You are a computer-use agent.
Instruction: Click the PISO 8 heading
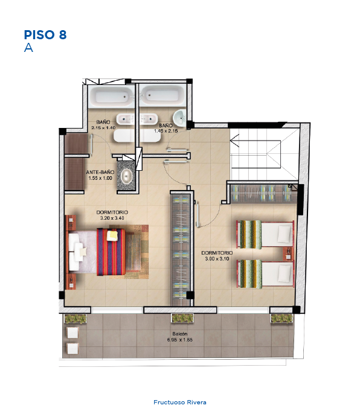(x=45, y=35)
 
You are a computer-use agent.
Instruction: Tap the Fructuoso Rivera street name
(x=180, y=403)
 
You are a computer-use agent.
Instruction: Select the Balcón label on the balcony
(x=180, y=334)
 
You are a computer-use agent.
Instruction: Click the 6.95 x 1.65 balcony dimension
(x=180, y=340)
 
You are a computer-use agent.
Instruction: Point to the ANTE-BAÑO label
(x=100, y=173)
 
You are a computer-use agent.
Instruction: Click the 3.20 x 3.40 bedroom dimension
(x=112, y=218)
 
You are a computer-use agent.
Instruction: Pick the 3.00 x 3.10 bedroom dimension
(x=217, y=258)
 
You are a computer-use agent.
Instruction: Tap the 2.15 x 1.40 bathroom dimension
(x=103, y=128)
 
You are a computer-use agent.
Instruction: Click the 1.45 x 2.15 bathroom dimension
(x=166, y=131)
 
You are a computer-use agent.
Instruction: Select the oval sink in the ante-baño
(x=126, y=176)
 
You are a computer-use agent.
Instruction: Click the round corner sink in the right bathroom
(x=180, y=118)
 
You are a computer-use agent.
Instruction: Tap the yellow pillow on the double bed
(x=112, y=235)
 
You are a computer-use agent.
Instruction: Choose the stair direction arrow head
(x=234, y=141)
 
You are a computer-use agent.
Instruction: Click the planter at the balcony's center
(x=182, y=318)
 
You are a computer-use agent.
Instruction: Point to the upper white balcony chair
(x=72, y=333)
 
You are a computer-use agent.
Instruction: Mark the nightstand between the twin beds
(x=289, y=253)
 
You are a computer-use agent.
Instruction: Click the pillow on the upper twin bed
(x=285, y=234)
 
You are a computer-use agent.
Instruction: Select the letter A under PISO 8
(x=28, y=48)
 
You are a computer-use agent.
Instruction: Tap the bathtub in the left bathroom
(x=112, y=97)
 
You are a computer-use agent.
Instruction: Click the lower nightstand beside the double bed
(x=71, y=282)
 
